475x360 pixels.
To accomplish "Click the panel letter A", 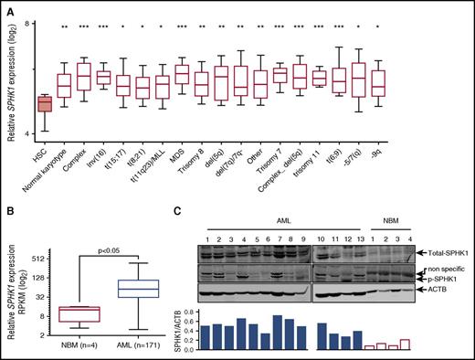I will [x=7, y=8].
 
